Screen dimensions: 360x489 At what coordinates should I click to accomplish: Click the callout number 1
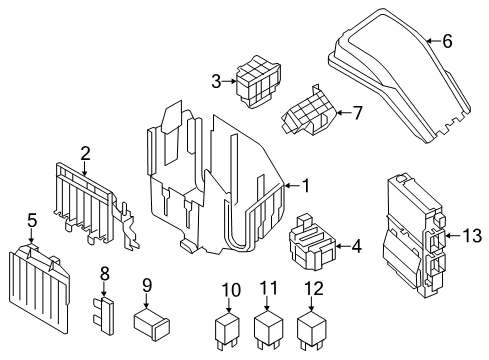307,185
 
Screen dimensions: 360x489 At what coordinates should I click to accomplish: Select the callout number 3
215,80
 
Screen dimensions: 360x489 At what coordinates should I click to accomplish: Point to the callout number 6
448,41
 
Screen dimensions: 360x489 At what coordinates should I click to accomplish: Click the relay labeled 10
230,330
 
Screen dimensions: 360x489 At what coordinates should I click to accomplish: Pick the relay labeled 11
268,330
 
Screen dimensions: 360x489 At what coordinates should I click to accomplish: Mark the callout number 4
358,244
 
